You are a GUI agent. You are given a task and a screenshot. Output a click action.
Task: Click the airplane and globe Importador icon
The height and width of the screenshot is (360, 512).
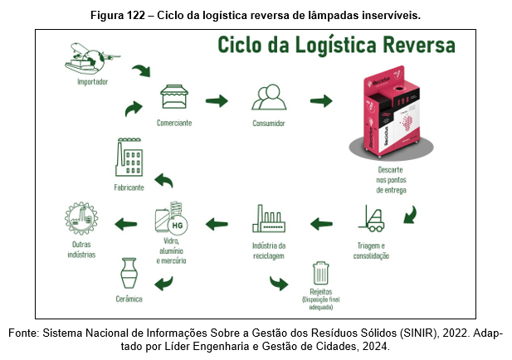tap(91, 57)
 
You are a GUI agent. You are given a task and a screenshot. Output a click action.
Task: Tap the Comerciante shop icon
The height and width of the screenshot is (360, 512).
tap(173, 100)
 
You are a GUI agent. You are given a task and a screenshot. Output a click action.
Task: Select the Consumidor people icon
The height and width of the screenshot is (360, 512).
tap(269, 100)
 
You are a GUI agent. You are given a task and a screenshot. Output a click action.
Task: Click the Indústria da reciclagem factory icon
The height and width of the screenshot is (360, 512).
tap(269, 221)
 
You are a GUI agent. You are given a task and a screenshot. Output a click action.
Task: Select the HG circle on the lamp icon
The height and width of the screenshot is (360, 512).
tap(176, 225)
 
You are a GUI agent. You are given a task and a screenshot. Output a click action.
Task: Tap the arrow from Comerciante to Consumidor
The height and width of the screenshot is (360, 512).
tap(217, 101)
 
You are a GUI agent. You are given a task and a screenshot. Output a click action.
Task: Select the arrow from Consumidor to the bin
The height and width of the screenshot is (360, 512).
tap(321, 101)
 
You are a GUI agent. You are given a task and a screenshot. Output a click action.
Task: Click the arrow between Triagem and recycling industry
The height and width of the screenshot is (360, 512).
tap(321, 222)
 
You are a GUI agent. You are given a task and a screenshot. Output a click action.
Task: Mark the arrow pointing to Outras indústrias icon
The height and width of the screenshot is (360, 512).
tap(125, 222)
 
